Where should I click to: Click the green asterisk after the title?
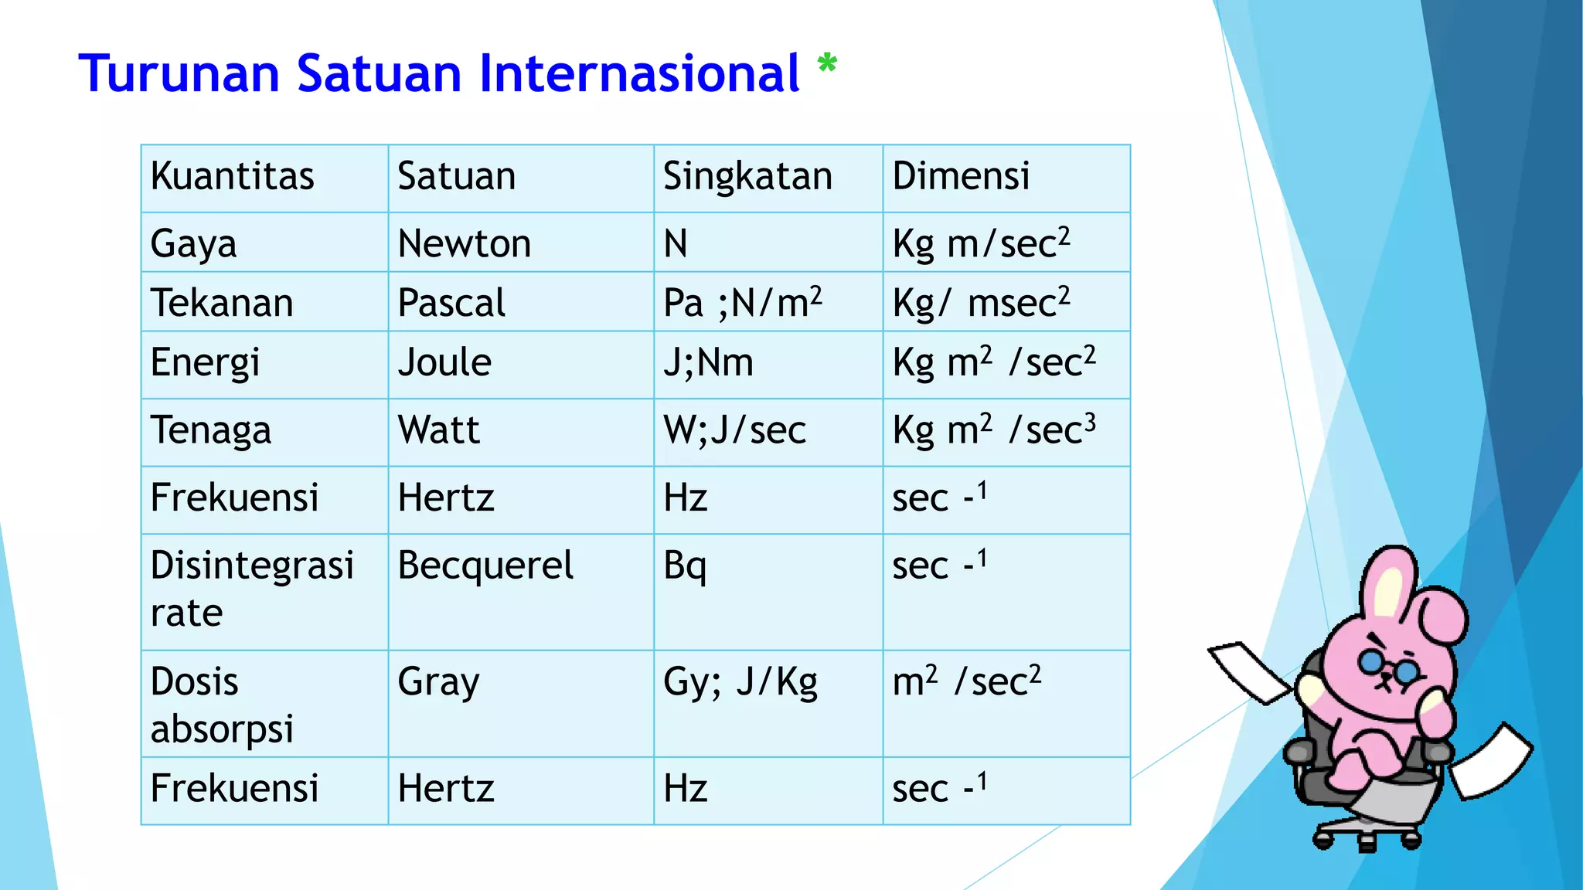point(827,64)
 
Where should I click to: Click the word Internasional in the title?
point(638,74)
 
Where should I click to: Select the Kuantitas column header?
point(232,176)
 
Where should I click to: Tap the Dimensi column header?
point(961,176)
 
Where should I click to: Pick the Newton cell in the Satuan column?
point(464,244)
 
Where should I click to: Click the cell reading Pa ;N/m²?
point(742,303)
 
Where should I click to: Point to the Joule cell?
point(444,363)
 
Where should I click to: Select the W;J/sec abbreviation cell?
point(734,430)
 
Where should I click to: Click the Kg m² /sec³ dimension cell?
point(993,430)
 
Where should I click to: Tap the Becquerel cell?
point(485,566)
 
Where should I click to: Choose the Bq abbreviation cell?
point(685,566)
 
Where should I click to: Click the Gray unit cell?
point(438,682)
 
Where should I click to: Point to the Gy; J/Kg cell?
point(740,682)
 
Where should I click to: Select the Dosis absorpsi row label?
point(222,705)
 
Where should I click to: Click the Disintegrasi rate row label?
point(251,589)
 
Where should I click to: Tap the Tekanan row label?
point(222,303)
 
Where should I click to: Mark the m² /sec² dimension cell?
point(966,682)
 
